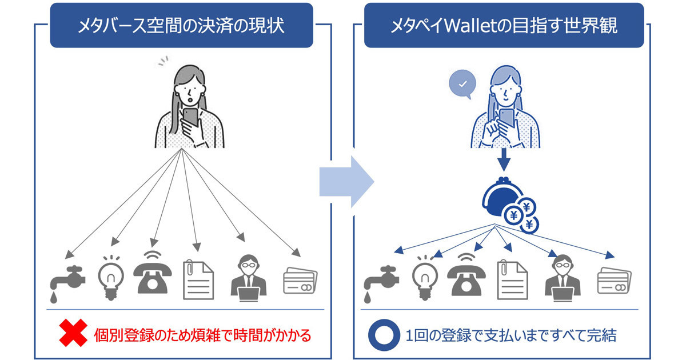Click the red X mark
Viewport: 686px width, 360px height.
[73, 333]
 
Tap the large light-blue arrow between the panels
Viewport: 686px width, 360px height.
[346, 182]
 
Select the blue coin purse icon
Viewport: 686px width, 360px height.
[510, 205]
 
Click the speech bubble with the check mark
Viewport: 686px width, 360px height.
[462, 84]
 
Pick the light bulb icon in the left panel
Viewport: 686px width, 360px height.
[111, 278]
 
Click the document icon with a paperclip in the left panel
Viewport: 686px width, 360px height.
[198, 280]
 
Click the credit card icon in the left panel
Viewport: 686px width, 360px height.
[300, 281]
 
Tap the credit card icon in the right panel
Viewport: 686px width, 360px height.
[614, 281]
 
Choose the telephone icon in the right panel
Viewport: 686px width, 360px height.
[466, 274]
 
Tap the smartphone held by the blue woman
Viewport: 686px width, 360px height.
[507, 118]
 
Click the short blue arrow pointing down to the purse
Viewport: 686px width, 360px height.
[504, 160]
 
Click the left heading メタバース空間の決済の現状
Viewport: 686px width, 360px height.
[181, 25]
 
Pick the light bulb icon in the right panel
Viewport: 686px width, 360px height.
[425, 278]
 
